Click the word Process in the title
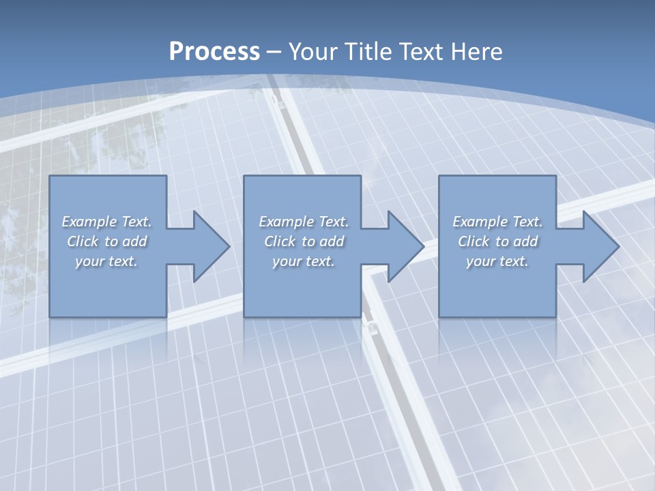click(214, 52)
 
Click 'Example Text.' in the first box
click(106, 222)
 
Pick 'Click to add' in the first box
click(106, 241)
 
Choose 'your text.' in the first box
click(106, 261)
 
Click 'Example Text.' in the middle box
click(304, 222)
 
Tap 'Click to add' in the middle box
click(304, 241)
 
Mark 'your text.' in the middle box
click(304, 261)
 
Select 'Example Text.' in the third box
click(497, 222)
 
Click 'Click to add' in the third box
click(497, 241)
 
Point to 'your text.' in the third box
click(497, 261)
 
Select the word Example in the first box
click(89, 222)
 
